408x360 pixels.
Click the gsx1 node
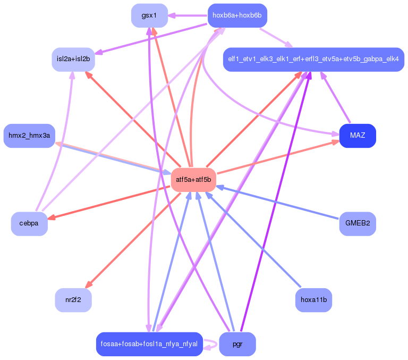149,15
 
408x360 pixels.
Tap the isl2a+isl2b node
73,59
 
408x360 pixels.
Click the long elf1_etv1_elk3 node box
313,59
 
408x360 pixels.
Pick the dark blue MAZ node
358,136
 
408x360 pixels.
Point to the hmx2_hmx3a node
29,136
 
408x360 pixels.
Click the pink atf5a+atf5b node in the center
193,180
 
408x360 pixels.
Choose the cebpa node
29,223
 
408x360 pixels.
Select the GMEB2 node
358,223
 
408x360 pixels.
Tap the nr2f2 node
73,300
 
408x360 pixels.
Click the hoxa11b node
313,300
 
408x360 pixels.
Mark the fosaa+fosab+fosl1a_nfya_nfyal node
149,344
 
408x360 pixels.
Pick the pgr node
237,344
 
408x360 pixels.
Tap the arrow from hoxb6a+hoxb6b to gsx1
186,15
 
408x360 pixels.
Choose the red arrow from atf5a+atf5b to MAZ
276,158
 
